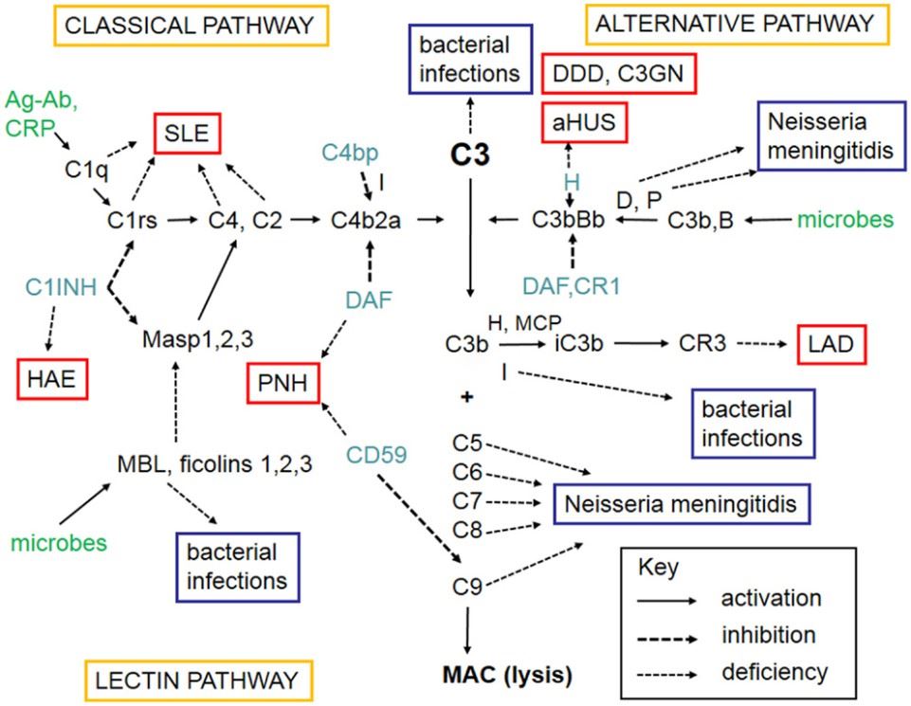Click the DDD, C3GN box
[620, 74]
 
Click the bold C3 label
[470, 156]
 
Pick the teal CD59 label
[376, 454]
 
